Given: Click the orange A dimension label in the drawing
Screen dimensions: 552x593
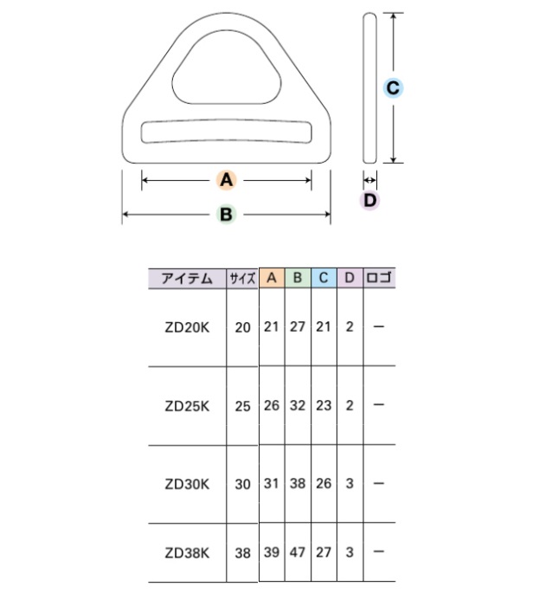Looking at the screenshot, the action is tap(226, 180).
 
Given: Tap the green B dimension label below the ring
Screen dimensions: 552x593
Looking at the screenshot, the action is tap(226, 215).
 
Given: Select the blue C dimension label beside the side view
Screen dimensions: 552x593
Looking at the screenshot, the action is tap(393, 88).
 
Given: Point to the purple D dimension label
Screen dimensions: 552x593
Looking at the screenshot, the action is tap(369, 201).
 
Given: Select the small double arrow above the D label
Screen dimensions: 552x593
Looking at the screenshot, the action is tap(369, 180).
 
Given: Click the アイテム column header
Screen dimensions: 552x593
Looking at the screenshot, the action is tap(187, 279).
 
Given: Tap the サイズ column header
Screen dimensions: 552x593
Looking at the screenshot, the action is tap(242, 279).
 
